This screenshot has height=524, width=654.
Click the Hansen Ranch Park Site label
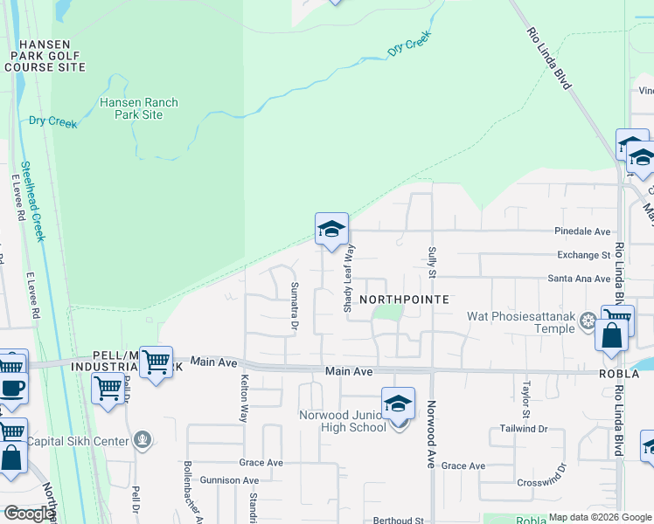[139, 108]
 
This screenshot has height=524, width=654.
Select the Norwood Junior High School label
[342, 421]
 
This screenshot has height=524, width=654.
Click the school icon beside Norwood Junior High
[398, 404]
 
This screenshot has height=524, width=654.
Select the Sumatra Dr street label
[295, 307]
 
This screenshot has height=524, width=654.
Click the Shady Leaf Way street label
[347, 279]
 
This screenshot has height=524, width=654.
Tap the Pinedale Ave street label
[582, 231]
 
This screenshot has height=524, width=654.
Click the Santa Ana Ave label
[579, 279]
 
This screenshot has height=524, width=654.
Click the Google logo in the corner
[30, 514]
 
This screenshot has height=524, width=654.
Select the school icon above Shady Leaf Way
[331, 230]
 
